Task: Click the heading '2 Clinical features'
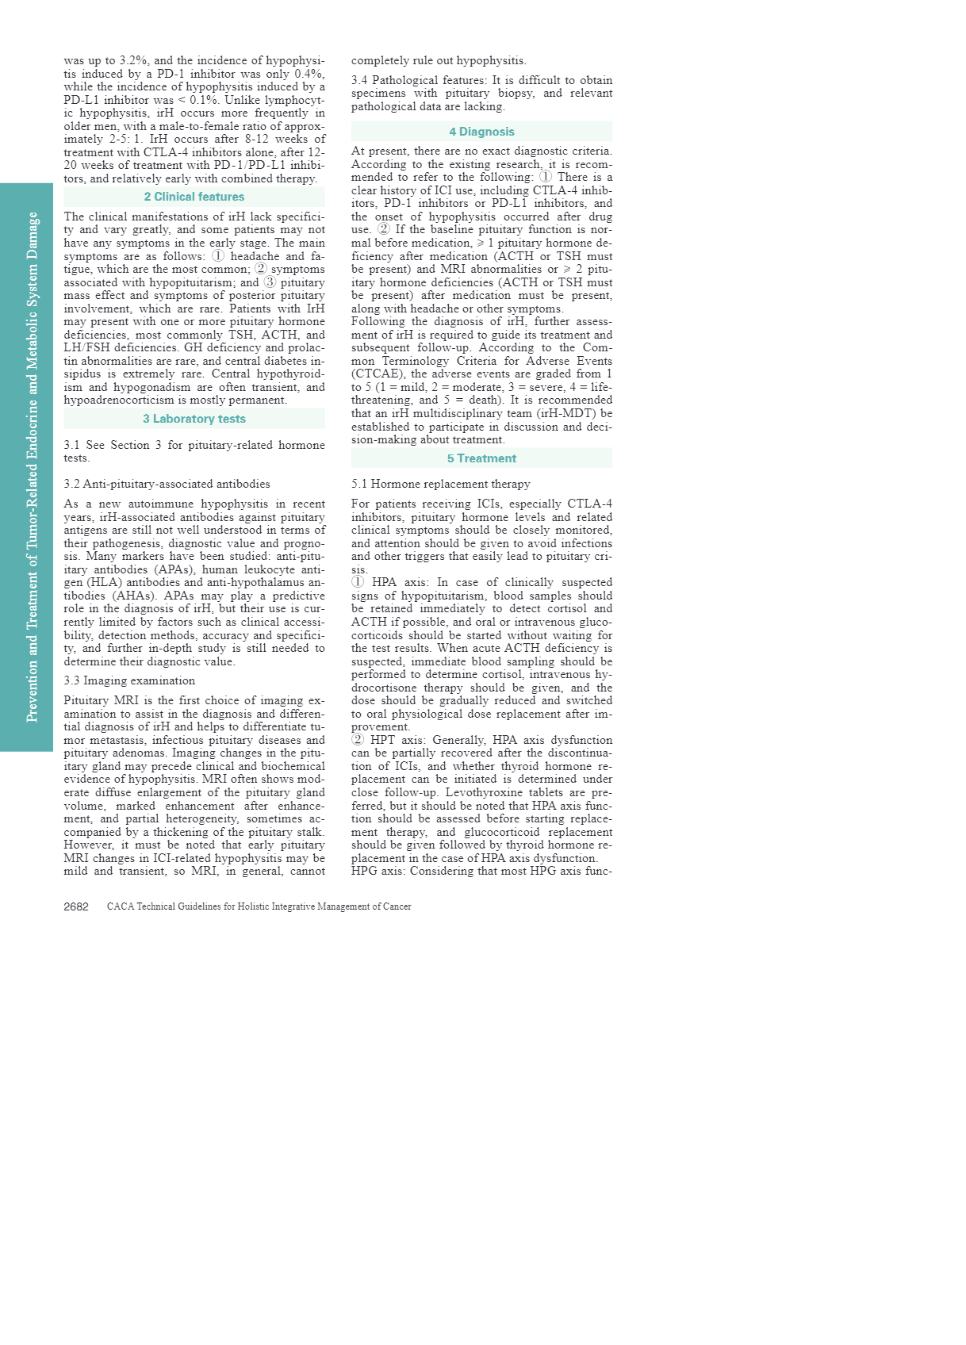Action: coord(194,197)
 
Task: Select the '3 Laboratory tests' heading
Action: coord(194,419)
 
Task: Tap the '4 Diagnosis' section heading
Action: coord(481,132)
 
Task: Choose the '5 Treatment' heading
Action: coord(481,458)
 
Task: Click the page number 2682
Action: coord(76,906)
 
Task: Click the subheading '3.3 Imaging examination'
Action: coord(129,680)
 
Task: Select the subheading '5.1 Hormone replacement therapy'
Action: coord(441,484)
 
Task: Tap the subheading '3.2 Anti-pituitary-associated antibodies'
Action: coord(167,484)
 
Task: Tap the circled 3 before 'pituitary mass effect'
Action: coord(270,282)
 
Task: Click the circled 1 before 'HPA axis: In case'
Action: coord(358,582)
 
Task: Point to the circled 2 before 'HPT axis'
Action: coord(358,740)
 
